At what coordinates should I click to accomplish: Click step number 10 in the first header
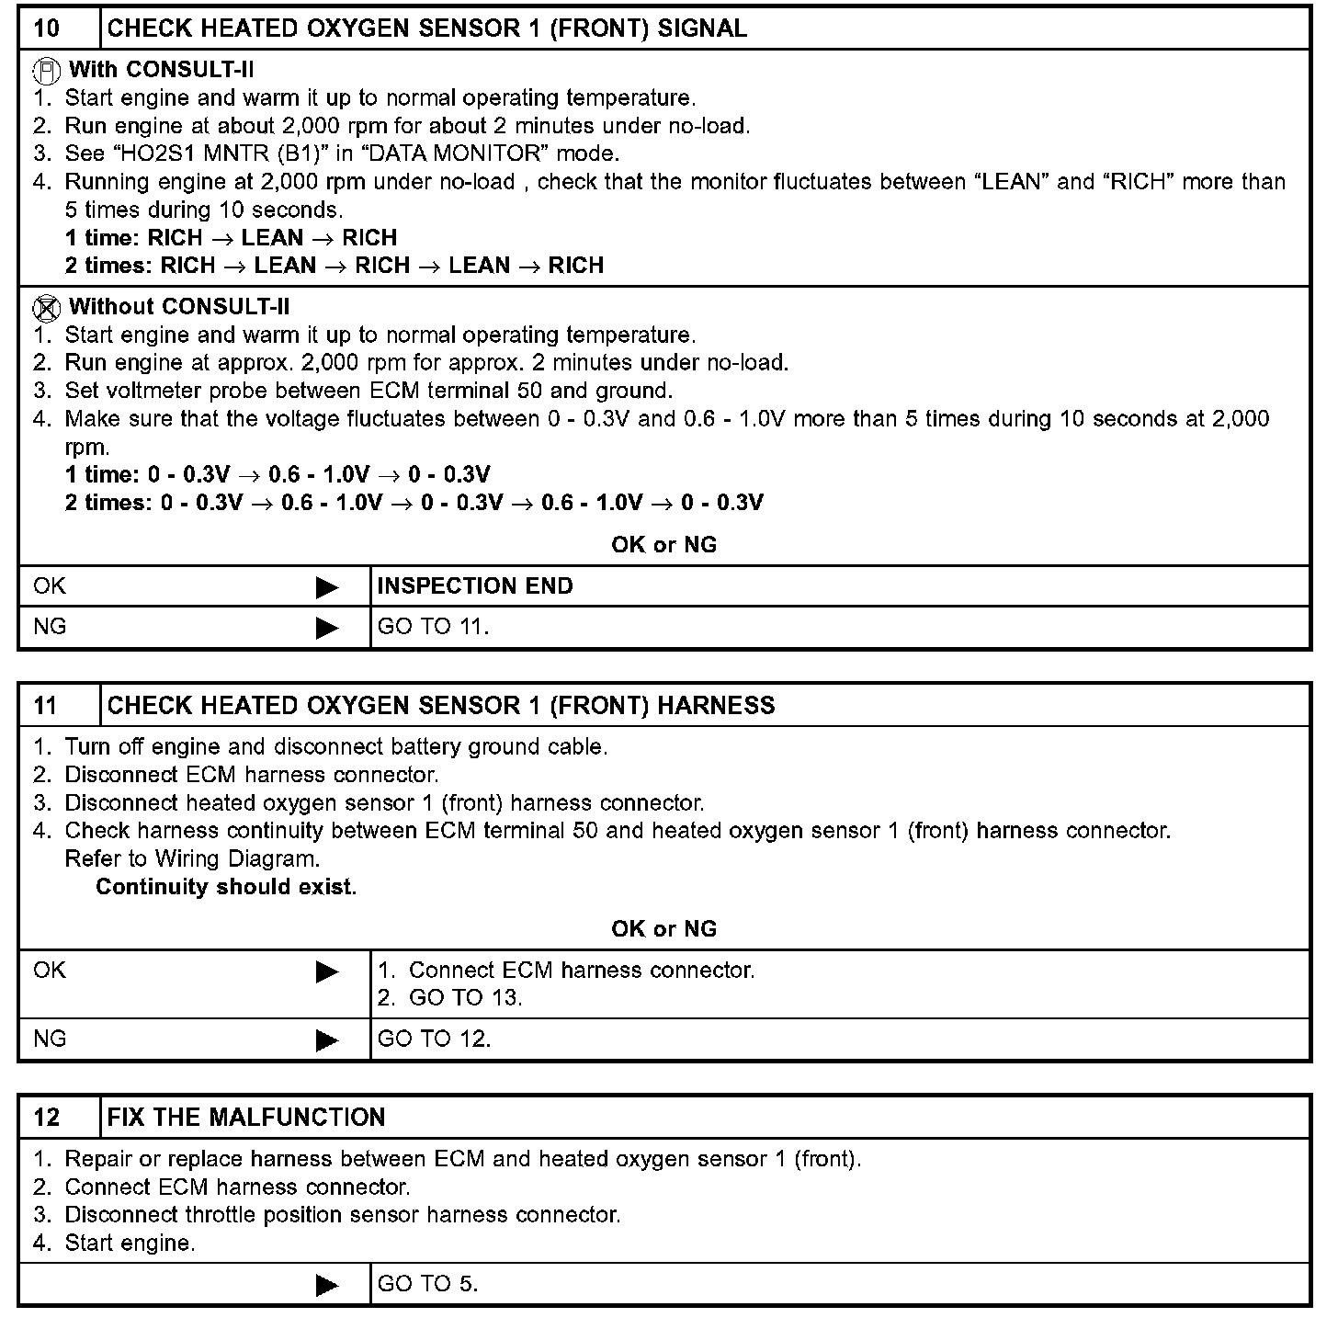click(x=46, y=28)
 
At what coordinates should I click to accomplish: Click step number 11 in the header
click(x=46, y=705)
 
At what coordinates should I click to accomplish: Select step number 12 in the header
click(x=46, y=1117)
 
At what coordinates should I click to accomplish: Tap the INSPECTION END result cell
click(x=475, y=586)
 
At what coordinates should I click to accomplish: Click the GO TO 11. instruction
click(x=433, y=627)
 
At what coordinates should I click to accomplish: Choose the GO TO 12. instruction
click(x=434, y=1039)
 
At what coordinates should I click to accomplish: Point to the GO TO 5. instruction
click(x=427, y=1284)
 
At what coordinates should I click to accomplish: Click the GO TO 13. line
click(x=465, y=998)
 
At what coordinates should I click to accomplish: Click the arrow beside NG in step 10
click(x=327, y=628)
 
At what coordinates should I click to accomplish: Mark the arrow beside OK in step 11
click(x=327, y=971)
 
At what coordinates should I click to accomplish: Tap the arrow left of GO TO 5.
click(x=327, y=1285)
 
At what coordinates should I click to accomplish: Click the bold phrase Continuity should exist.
click(x=226, y=887)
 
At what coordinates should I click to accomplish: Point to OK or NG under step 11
click(x=663, y=928)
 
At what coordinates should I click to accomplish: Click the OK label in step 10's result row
click(x=50, y=586)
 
